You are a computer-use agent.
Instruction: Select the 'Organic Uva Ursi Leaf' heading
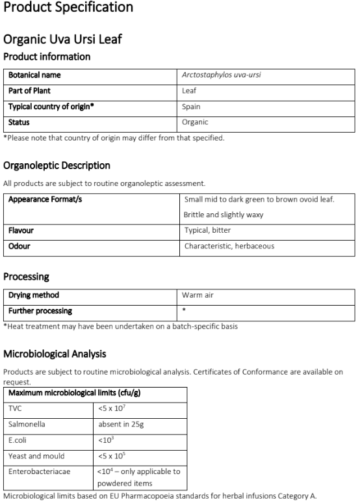(62, 40)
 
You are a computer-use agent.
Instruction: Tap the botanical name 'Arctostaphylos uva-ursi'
(222, 75)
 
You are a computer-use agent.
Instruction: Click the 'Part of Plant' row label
(29, 91)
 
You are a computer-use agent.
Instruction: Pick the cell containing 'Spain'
(192, 107)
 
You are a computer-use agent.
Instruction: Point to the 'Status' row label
(19, 122)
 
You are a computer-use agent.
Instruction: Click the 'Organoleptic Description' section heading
(57, 165)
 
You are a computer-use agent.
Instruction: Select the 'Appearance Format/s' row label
(45, 199)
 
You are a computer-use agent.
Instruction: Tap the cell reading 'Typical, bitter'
(207, 230)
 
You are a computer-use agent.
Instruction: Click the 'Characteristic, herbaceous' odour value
(229, 246)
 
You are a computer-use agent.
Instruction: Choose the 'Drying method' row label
(33, 295)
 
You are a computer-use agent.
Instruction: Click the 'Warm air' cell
(198, 295)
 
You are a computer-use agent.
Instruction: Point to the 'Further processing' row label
(40, 311)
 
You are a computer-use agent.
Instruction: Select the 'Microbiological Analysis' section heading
(55, 354)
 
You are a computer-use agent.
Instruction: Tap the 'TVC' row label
(15, 408)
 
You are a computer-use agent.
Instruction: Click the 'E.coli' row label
(18, 440)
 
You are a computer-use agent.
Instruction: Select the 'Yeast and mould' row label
(36, 455)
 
